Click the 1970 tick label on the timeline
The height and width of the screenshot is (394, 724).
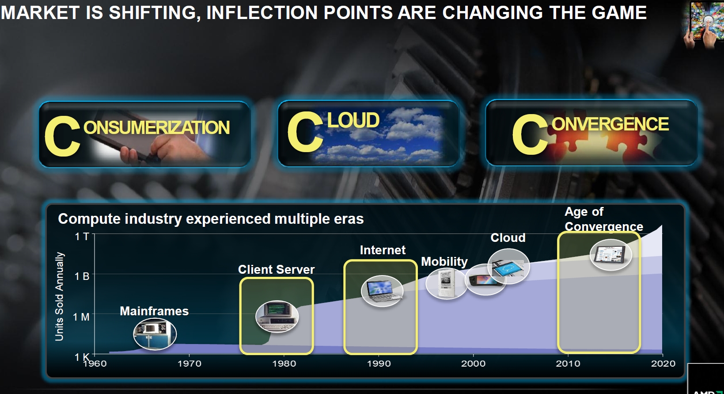[190, 363]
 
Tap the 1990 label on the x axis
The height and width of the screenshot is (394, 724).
[379, 363]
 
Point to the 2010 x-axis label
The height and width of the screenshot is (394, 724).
[568, 363]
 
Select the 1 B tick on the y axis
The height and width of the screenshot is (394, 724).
[82, 276]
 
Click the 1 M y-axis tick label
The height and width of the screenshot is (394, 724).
[81, 317]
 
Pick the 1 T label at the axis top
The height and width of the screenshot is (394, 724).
[82, 237]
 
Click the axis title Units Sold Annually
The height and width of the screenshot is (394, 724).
[60, 297]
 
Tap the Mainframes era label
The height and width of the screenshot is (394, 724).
[154, 311]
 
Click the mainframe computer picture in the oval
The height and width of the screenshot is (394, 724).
[155, 334]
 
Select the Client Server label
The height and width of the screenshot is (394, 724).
[277, 269]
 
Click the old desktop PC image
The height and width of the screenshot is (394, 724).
[277, 317]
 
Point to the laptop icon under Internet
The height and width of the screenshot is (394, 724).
[382, 291]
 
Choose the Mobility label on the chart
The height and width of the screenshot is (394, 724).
[444, 262]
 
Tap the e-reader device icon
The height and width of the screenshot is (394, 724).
[446, 283]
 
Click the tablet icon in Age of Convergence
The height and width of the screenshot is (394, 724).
[610, 255]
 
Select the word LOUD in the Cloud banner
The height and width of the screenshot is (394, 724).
[353, 120]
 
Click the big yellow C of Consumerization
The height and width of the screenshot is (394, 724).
[62, 136]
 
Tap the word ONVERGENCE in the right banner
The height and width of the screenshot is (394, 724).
[610, 124]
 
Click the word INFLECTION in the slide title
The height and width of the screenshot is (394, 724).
[262, 13]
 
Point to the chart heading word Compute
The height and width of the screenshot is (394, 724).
[87, 219]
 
